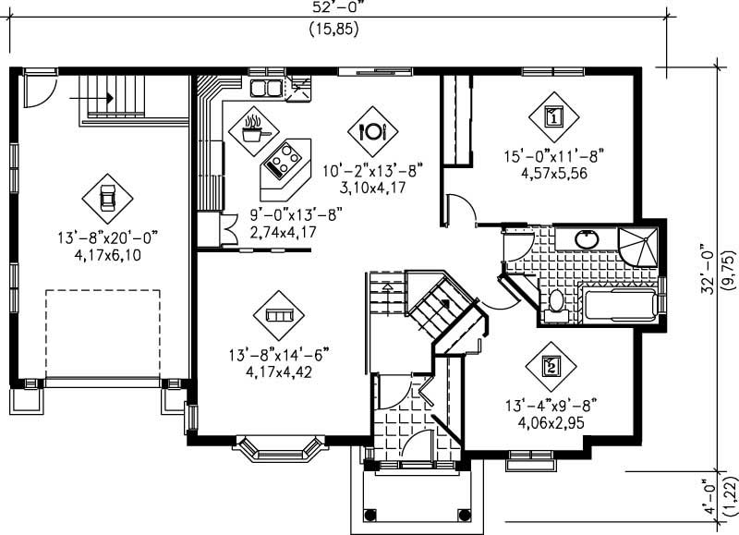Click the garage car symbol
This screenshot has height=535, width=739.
(x=106, y=196)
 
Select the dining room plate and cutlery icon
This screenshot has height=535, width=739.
(x=372, y=130)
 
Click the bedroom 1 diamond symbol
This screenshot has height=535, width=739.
(x=552, y=116)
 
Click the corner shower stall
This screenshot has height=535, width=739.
(x=639, y=245)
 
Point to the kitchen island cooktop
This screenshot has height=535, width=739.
(x=282, y=162)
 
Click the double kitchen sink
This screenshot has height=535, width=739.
(x=268, y=89)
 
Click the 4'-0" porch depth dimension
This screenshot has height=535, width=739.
(x=708, y=497)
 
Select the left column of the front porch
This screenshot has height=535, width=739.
(x=371, y=514)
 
